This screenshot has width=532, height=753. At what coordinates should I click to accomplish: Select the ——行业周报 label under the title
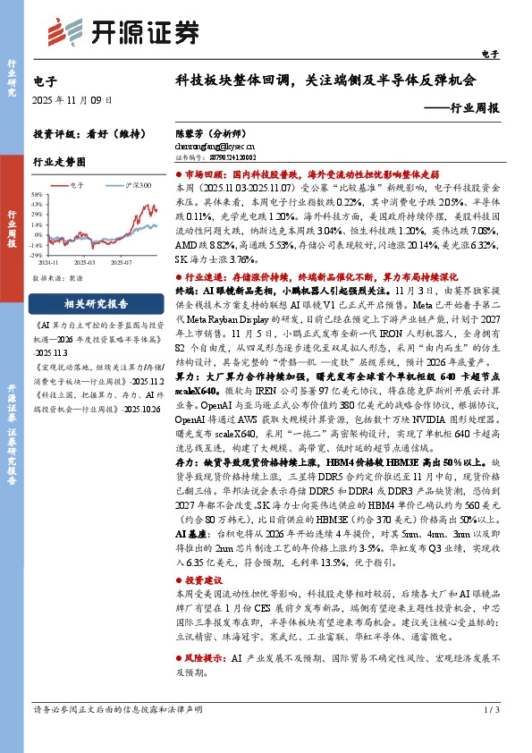point(462,106)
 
